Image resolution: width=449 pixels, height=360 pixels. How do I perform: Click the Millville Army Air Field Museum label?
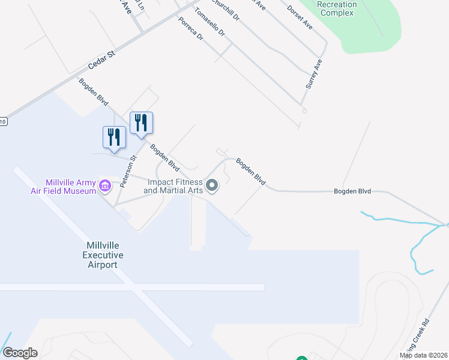(63, 187)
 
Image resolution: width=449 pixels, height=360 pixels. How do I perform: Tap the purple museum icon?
(105, 185)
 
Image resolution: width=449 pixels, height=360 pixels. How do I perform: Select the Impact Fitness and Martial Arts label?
(173, 186)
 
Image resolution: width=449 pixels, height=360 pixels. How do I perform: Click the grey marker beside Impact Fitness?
(211, 186)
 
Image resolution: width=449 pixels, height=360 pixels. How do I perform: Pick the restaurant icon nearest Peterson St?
(113, 137)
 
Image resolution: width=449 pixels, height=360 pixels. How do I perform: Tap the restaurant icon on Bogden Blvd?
(141, 123)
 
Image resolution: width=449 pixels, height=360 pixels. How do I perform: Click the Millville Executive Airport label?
(105, 255)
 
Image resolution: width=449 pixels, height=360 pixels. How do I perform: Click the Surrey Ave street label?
(314, 74)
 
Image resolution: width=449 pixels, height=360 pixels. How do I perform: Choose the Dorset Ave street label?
(300, 17)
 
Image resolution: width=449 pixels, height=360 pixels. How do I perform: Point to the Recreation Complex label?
(337, 8)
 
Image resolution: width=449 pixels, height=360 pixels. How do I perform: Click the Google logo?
(20, 353)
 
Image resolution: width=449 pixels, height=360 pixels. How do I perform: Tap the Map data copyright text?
(423, 355)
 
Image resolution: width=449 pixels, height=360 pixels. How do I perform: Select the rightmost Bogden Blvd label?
(352, 191)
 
